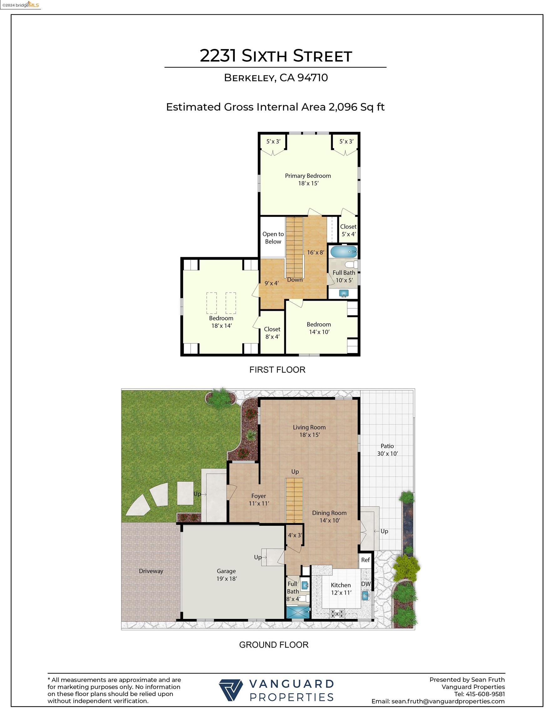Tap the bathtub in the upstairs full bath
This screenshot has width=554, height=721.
(x=344, y=252)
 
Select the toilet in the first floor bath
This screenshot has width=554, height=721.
(x=351, y=264)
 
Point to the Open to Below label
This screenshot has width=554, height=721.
(x=273, y=238)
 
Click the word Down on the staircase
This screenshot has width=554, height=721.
(x=295, y=279)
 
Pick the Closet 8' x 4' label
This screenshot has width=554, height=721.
(x=272, y=333)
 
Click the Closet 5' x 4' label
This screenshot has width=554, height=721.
(x=348, y=230)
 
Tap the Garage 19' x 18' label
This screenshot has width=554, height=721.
(x=226, y=575)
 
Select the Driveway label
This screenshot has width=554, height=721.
(x=151, y=571)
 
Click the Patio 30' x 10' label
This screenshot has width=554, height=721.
(x=387, y=450)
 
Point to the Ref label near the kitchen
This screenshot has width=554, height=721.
(x=365, y=560)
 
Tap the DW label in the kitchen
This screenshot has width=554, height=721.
(x=366, y=584)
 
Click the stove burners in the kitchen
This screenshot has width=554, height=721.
(x=337, y=613)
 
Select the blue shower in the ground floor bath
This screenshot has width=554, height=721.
(x=298, y=612)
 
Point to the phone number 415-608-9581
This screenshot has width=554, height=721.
(x=485, y=694)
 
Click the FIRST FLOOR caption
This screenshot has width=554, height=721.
(x=277, y=370)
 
